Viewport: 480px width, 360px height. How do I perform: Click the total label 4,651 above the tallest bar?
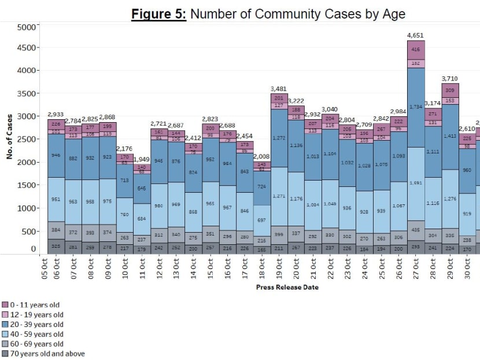(416, 35)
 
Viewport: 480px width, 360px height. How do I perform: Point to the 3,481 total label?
(280, 89)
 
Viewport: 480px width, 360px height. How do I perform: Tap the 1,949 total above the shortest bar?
(142, 159)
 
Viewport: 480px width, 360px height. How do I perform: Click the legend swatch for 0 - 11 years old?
(5, 304)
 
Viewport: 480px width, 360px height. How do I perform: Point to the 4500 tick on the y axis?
(27, 47)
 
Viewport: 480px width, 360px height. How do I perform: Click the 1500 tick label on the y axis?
(27, 185)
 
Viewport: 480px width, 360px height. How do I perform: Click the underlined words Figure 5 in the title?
(157, 13)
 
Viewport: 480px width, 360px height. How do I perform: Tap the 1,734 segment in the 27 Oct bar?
(416, 108)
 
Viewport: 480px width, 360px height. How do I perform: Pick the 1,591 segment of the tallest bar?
(416, 183)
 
